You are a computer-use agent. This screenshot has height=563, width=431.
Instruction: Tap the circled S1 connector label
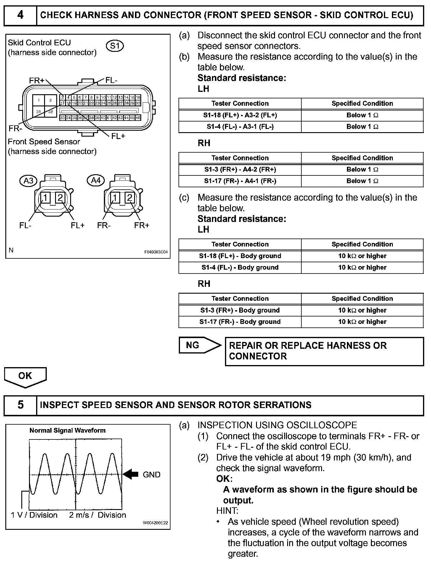tap(115, 46)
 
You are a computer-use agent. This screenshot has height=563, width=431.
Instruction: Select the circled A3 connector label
tap(28, 180)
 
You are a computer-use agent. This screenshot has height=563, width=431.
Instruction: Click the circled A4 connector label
tap(96, 180)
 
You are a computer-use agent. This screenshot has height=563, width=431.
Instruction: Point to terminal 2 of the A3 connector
tap(60, 198)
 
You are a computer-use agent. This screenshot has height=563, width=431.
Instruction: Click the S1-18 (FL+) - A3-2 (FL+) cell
tap(240, 115)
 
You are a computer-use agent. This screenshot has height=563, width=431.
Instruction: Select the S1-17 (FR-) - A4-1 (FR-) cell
tap(240, 181)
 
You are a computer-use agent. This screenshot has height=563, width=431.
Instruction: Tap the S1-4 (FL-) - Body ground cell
tap(240, 268)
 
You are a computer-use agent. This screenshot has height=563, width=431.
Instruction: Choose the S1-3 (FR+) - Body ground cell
tap(240, 310)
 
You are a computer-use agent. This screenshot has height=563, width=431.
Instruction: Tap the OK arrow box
tap(25, 376)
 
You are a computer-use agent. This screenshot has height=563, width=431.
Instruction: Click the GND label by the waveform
tap(151, 475)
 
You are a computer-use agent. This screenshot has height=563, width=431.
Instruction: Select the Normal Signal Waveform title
tap(67, 430)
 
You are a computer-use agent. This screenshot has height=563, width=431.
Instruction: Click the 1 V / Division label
tap(34, 515)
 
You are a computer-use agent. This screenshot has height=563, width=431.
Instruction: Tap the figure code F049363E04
tap(156, 252)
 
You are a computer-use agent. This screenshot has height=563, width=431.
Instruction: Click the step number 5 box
tap(20, 405)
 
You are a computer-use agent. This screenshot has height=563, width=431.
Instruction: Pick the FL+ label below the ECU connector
tap(118, 136)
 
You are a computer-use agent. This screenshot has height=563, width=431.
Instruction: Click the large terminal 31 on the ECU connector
tap(38, 111)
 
